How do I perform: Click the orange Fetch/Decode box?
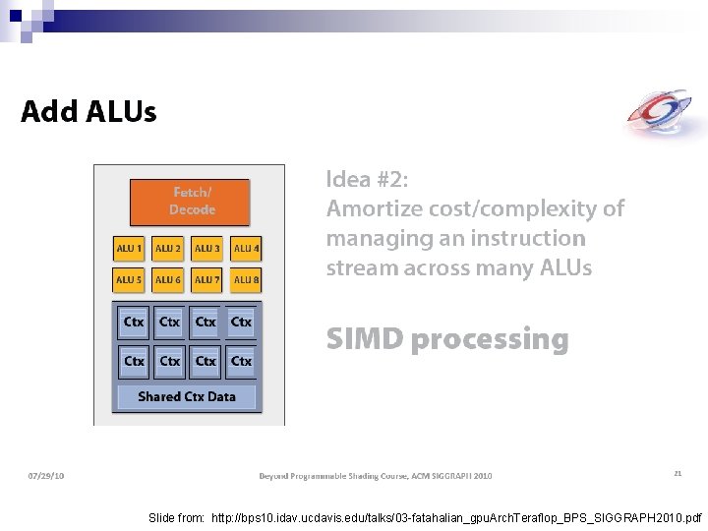pyautogui.click(x=192, y=201)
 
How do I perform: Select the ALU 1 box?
pyautogui.click(x=130, y=249)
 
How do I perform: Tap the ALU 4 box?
pyautogui.click(x=246, y=249)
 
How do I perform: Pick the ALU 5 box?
pyautogui.click(x=130, y=280)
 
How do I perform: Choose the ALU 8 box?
pyautogui.click(x=246, y=280)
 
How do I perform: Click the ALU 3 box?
pyautogui.click(x=207, y=249)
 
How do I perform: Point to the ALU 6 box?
pyautogui.click(x=168, y=280)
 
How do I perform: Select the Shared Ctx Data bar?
pyautogui.click(x=187, y=396)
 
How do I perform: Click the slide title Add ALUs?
pyautogui.click(x=88, y=111)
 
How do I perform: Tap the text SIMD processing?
pyautogui.click(x=447, y=339)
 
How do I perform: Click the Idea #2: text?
pyautogui.click(x=367, y=179)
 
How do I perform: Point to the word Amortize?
pyautogui.click(x=374, y=208)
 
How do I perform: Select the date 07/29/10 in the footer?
pyautogui.click(x=45, y=476)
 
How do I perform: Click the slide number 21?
pyautogui.click(x=678, y=474)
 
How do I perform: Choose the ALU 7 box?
pyautogui.click(x=207, y=280)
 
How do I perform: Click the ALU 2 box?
pyautogui.click(x=168, y=249)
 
